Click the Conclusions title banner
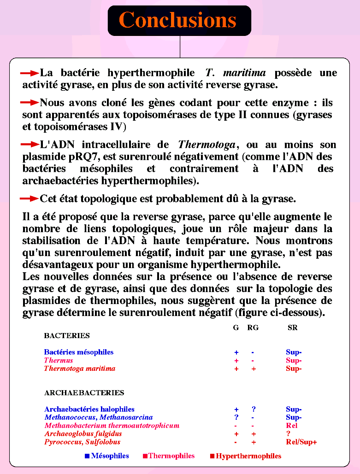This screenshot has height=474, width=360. coord(179,21)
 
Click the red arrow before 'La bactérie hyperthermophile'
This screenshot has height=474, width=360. coord(30,73)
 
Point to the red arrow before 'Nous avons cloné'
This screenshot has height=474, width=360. coord(30,103)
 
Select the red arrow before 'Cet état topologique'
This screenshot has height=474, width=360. coord(30,199)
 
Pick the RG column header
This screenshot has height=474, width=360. coord(253,328)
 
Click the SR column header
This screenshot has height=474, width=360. coord(292,328)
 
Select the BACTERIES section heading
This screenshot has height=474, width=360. coord(67,336)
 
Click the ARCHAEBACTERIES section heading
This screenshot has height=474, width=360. coord(84,393)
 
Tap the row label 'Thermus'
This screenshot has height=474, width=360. coord(59,361)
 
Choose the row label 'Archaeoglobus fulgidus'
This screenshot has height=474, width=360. coord(83,434)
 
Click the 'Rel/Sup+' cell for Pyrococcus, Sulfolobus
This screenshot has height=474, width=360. coord(301,442)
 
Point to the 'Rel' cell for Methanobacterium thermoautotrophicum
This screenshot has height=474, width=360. coord(292,426)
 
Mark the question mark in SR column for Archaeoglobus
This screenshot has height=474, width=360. coord(288,434)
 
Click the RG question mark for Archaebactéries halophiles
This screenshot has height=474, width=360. coord(254,409)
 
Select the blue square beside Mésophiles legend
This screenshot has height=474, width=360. coord(87,456)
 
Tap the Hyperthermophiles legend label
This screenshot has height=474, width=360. coord(248,456)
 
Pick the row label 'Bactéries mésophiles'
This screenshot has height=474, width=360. coord(79,352)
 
